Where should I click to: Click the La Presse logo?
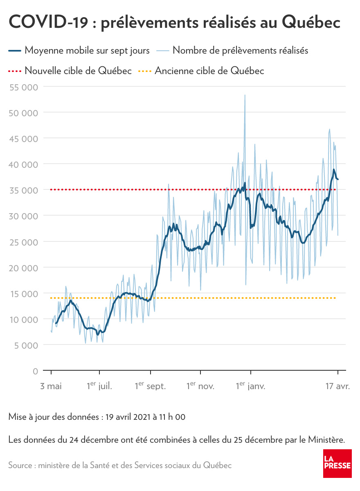click(x=337, y=463)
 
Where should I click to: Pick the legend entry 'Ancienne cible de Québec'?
click(x=209, y=70)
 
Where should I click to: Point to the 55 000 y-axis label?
click(x=23, y=87)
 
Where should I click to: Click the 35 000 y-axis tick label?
click(x=23, y=190)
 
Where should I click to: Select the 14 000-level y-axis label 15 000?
click(x=23, y=293)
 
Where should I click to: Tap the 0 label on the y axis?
click(x=35, y=371)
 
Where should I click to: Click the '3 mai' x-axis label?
click(x=51, y=386)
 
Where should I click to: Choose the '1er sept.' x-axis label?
click(x=150, y=385)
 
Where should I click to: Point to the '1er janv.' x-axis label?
click(x=250, y=385)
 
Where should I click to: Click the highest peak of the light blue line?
click(x=245, y=95)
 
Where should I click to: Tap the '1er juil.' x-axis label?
click(x=99, y=385)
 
